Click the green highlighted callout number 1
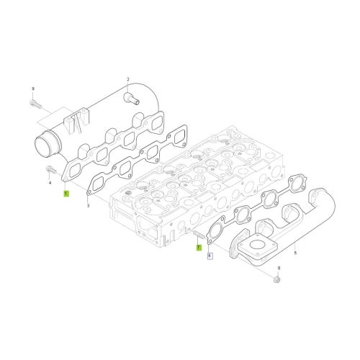point(66,194)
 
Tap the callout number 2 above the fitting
point(128,79)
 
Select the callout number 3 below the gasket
point(88,206)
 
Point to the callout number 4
point(50,183)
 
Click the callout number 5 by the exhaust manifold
point(295,253)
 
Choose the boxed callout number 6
point(210,256)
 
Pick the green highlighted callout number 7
point(199,247)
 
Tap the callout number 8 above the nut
point(279,268)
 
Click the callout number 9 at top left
point(33,89)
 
